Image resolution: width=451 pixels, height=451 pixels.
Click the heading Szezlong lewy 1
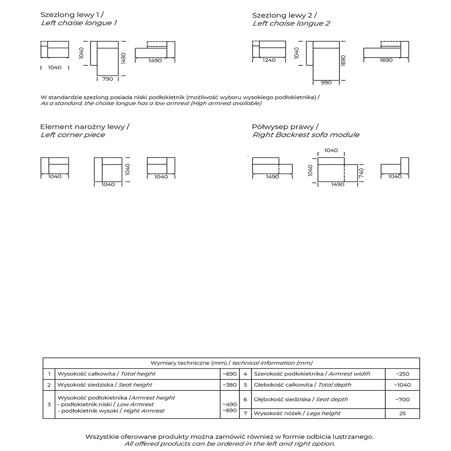[72, 15]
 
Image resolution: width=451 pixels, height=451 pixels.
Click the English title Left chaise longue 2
[291, 23]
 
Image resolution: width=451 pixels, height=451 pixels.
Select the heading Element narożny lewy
[85, 127]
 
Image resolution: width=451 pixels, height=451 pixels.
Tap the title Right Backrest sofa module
[306, 135]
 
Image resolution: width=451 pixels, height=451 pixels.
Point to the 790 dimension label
[107, 79]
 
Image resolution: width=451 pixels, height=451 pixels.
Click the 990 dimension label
[326, 83]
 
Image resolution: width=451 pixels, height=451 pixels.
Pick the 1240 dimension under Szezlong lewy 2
[269, 60]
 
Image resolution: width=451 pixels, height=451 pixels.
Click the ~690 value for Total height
[230, 374]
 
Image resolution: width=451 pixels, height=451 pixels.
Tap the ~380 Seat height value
[230, 385]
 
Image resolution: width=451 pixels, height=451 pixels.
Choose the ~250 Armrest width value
[402, 374]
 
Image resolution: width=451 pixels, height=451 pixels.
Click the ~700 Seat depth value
[402, 400]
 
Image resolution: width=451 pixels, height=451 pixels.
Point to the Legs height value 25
[403, 413]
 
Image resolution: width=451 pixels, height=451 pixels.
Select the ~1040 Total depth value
[402, 385]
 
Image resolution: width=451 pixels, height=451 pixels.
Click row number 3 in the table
[49, 404]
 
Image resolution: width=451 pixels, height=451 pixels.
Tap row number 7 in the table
[245, 413]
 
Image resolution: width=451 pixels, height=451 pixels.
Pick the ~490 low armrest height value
[230, 404]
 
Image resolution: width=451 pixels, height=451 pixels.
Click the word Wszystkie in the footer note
[102, 437]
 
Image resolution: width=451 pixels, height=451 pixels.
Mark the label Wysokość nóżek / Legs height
[297, 413]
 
